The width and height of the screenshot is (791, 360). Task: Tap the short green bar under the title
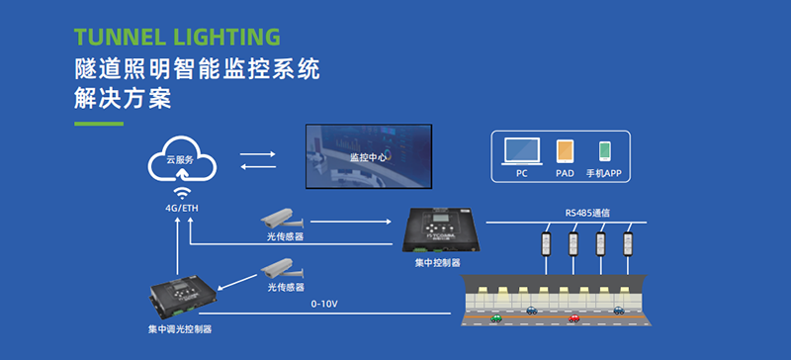click(x=99, y=124)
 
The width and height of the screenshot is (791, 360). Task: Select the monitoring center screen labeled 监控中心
click(x=369, y=155)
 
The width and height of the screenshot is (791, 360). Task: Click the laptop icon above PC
click(x=521, y=151)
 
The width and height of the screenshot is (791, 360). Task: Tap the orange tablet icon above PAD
click(x=565, y=151)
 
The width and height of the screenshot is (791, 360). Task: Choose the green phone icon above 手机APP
click(x=604, y=151)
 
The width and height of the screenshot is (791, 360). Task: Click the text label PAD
click(x=565, y=172)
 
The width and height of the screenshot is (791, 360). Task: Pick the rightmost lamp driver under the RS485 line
click(x=625, y=242)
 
